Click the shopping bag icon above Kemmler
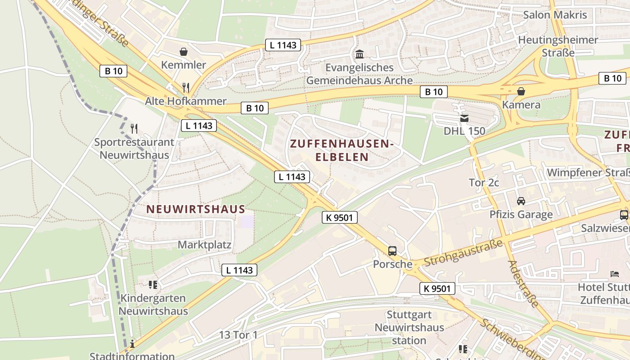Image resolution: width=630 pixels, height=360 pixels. pyautogui.click(x=184, y=52)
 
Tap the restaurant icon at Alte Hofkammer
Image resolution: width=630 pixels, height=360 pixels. pyautogui.click(x=186, y=87)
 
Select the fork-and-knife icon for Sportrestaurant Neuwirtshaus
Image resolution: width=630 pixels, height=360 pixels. pyautogui.click(x=134, y=129)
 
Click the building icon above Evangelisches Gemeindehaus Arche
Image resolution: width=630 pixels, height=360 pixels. pyautogui.click(x=360, y=54)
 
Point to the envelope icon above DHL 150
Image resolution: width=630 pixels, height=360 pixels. pyautogui.click(x=464, y=118)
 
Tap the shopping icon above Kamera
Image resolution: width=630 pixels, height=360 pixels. pyautogui.click(x=521, y=91)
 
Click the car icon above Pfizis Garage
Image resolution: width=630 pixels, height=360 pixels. pyautogui.click(x=521, y=201)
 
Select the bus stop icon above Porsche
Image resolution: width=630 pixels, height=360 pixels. pyautogui.click(x=392, y=251)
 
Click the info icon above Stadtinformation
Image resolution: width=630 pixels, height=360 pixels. pyautogui.click(x=132, y=344)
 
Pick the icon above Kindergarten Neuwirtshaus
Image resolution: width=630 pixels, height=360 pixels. pyautogui.click(x=153, y=284)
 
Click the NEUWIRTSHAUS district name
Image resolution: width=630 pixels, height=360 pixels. pyautogui.click(x=196, y=209)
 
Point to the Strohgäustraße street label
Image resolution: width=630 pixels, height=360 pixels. pyautogui.click(x=463, y=253)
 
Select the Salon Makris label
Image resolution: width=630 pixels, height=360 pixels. pyautogui.click(x=555, y=15)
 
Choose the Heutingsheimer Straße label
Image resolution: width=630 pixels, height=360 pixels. pyautogui.click(x=558, y=46)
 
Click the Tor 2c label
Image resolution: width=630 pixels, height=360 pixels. pyautogui.click(x=484, y=183)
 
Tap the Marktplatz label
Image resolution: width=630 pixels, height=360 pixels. pyautogui.click(x=205, y=245)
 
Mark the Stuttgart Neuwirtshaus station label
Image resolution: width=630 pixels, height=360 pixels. pyautogui.click(x=409, y=328)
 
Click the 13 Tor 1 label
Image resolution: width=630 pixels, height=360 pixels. pyautogui.click(x=238, y=335)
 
